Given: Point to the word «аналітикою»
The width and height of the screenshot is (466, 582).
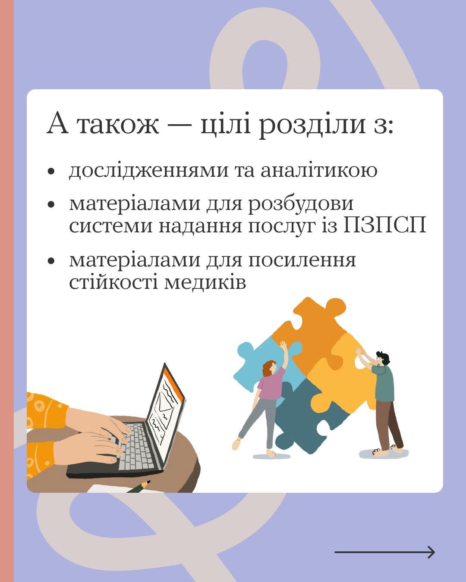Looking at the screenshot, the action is click(319, 170).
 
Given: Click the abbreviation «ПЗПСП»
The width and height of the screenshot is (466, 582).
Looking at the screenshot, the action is click(385, 225).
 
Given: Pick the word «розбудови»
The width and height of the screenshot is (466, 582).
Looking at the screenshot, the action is click(301, 204).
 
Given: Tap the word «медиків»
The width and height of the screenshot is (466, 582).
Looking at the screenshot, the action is click(205, 283).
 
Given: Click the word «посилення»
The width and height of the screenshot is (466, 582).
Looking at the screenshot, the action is click(302, 260).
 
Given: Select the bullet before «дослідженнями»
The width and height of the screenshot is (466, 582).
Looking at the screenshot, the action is click(51, 172).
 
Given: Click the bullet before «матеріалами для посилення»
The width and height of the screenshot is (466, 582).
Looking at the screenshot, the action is click(51, 261).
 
